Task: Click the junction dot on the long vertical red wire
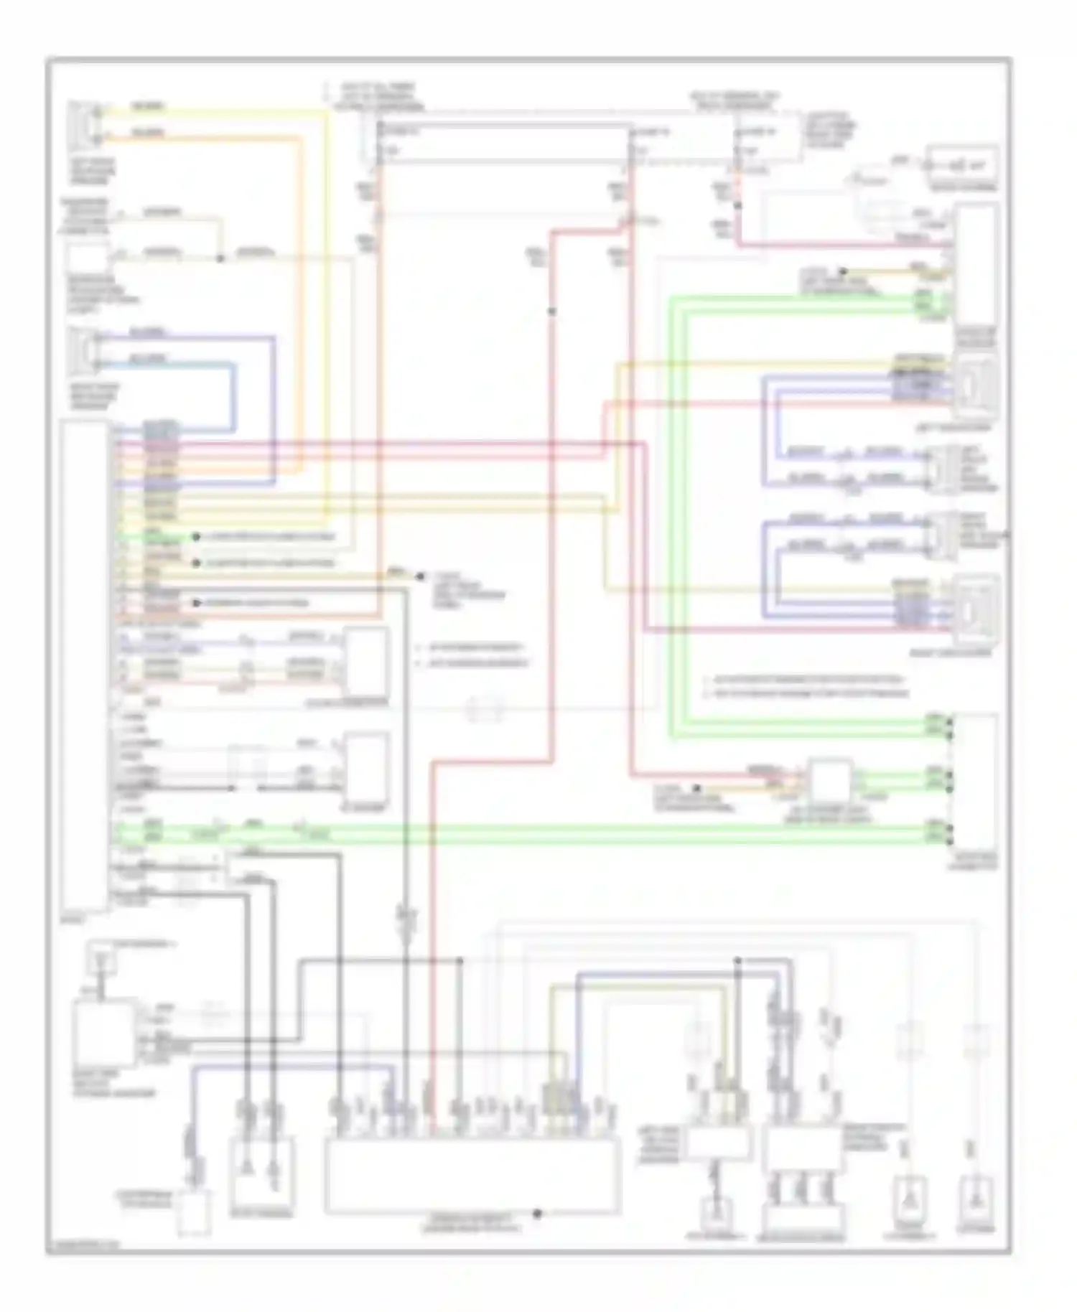[551, 311]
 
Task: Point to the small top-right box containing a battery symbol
[962, 165]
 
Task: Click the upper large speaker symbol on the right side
[976, 388]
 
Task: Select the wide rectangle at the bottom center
[472, 1176]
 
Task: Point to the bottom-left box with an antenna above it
[104, 1034]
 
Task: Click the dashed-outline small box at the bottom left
[194, 1213]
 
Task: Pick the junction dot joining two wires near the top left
[220, 257]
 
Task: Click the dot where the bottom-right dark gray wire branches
[737, 960]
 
